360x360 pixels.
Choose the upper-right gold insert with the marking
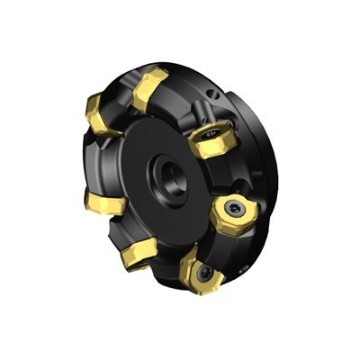point(213,140)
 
